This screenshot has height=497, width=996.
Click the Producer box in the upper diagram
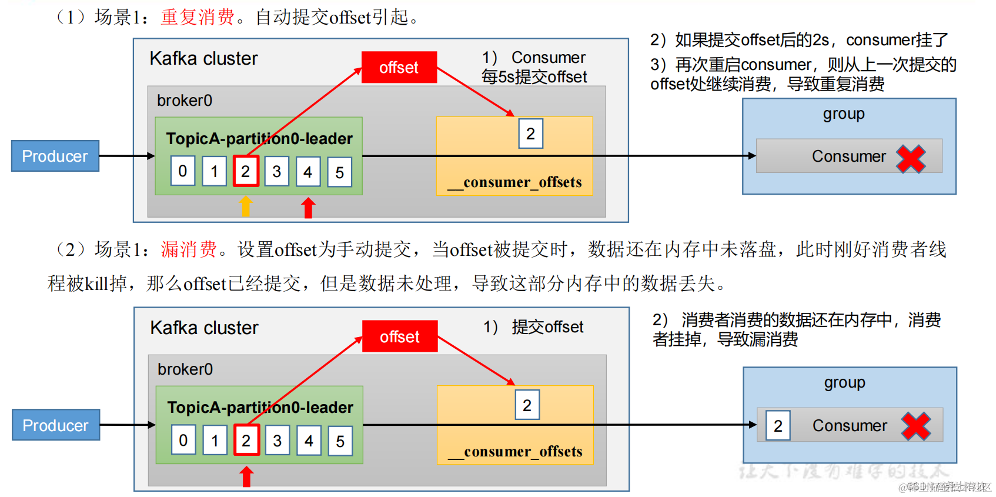point(55,156)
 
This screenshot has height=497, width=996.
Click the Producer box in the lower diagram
point(56,425)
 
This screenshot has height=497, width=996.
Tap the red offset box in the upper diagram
point(399,67)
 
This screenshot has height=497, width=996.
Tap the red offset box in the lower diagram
point(400,336)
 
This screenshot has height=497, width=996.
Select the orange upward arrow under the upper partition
point(246,206)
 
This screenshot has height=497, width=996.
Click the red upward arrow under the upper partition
point(308,208)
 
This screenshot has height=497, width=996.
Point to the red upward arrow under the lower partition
point(247,476)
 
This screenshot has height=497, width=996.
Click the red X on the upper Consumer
point(911,159)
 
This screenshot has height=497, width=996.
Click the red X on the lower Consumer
point(916,426)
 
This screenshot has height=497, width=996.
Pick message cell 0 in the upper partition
point(183,171)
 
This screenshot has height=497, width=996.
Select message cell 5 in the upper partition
point(339,172)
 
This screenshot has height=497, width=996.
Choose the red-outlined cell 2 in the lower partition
point(246,441)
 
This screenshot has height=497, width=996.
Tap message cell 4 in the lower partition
point(309,441)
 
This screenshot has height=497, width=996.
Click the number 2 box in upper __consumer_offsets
point(530,134)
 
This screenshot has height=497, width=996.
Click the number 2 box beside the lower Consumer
point(778,425)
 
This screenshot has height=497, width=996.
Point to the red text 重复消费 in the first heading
point(198,17)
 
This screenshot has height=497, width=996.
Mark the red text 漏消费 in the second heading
point(189,249)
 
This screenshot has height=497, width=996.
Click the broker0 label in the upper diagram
point(185,101)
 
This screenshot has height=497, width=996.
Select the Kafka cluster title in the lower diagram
point(204,328)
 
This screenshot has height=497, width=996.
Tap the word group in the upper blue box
point(843,114)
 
